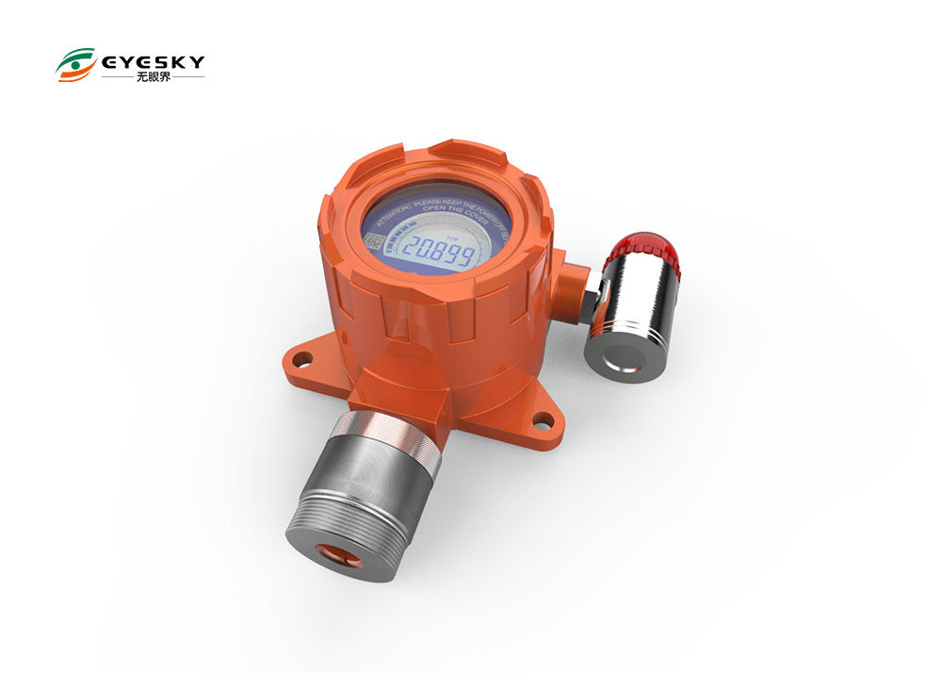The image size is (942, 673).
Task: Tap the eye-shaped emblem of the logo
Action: pos(74,66)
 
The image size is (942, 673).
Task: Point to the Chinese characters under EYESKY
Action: pos(152,78)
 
